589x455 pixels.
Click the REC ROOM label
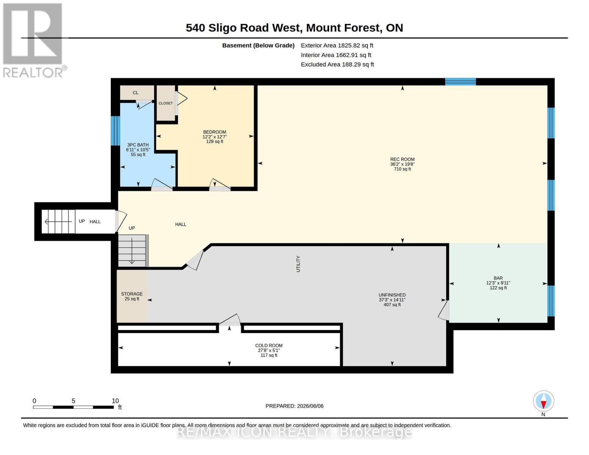coord(402,159)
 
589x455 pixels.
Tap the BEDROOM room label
coord(214,132)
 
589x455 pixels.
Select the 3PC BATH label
coord(138,145)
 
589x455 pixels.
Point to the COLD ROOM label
coord(269,345)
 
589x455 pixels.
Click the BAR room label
coord(498,278)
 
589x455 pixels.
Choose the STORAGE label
coord(132,294)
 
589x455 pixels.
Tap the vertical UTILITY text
coord(298,264)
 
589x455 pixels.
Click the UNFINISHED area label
coord(392,295)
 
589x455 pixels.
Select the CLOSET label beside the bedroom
coord(166,103)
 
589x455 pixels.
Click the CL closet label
coord(135,93)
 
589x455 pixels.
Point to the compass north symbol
coord(543,403)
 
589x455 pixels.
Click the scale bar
coord(74,407)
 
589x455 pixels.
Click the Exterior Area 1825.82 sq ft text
coord(337,45)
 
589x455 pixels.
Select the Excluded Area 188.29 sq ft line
coord(337,64)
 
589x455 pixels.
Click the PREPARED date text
coord(294,406)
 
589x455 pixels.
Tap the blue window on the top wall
coord(460,82)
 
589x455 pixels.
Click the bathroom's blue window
coord(115,130)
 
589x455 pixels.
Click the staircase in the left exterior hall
coord(58,221)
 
